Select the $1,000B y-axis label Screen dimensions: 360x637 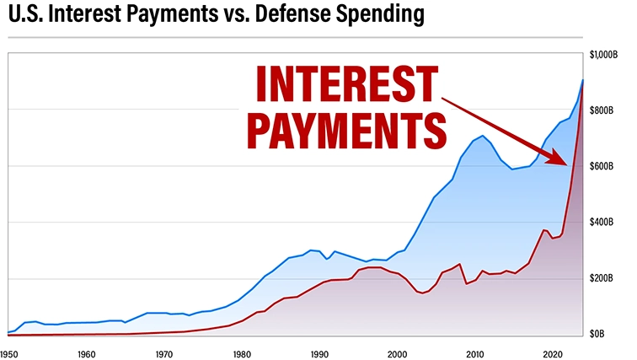point(605,55)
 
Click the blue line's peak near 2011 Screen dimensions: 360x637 point(482,136)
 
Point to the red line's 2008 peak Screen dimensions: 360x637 point(460,264)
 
